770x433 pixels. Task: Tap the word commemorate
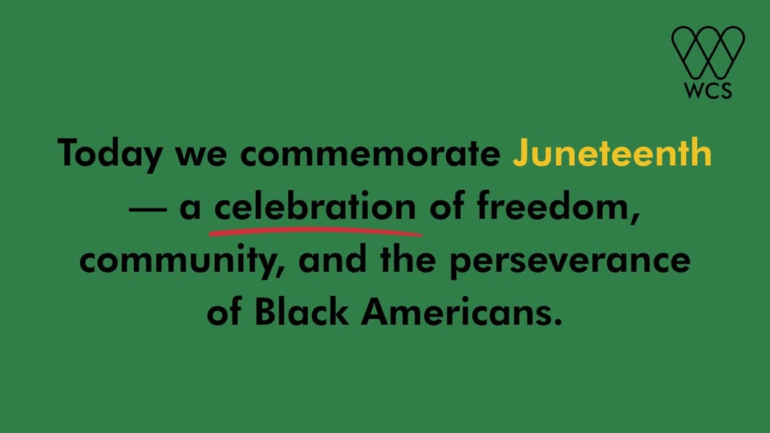coord(371,154)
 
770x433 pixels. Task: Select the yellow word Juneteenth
coord(612,152)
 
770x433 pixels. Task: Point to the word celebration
coord(315,206)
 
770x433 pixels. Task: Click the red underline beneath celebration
coord(315,231)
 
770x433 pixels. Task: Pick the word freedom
coord(558,207)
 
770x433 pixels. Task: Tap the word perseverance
coord(570,261)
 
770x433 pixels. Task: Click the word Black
coord(302,312)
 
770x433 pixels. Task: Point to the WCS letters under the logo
coord(707,91)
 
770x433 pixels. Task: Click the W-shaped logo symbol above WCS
coord(708,52)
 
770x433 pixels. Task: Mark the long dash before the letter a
coord(148,209)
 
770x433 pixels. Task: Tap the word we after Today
coord(201,155)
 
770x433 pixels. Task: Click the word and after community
coord(332,260)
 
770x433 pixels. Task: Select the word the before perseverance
coord(408,259)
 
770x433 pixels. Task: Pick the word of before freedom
coord(447,206)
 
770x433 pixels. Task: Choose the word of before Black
coord(224,312)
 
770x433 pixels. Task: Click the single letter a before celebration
coord(191,208)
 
